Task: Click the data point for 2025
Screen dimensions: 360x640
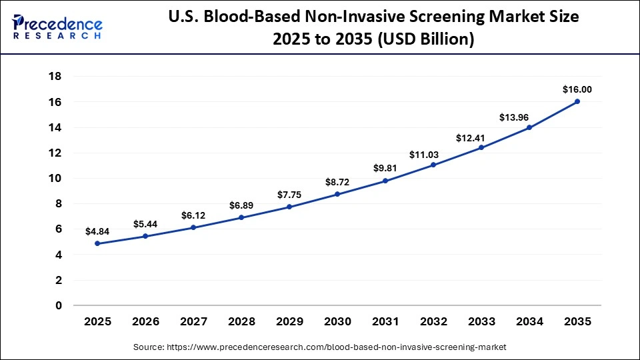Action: (x=97, y=243)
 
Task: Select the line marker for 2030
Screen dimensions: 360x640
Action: (x=337, y=194)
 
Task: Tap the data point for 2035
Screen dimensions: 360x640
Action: (x=577, y=101)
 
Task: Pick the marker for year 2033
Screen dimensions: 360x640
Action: (x=481, y=147)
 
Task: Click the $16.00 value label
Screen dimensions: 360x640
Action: (x=577, y=89)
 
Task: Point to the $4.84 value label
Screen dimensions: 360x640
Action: (x=97, y=231)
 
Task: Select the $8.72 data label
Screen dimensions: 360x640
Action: (x=337, y=181)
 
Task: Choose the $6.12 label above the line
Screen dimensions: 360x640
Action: (x=193, y=215)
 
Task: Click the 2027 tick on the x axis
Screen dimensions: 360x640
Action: (x=193, y=321)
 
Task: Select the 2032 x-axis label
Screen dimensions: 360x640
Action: (x=433, y=321)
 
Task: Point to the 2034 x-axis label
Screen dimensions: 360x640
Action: (x=529, y=321)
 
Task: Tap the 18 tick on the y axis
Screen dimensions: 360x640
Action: (x=55, y=77)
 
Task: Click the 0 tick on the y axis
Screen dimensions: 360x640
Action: (x=58, y=305)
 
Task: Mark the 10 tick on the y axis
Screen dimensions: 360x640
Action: (x=55, y=178)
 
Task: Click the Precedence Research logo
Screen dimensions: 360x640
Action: (x=57, y=27)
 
